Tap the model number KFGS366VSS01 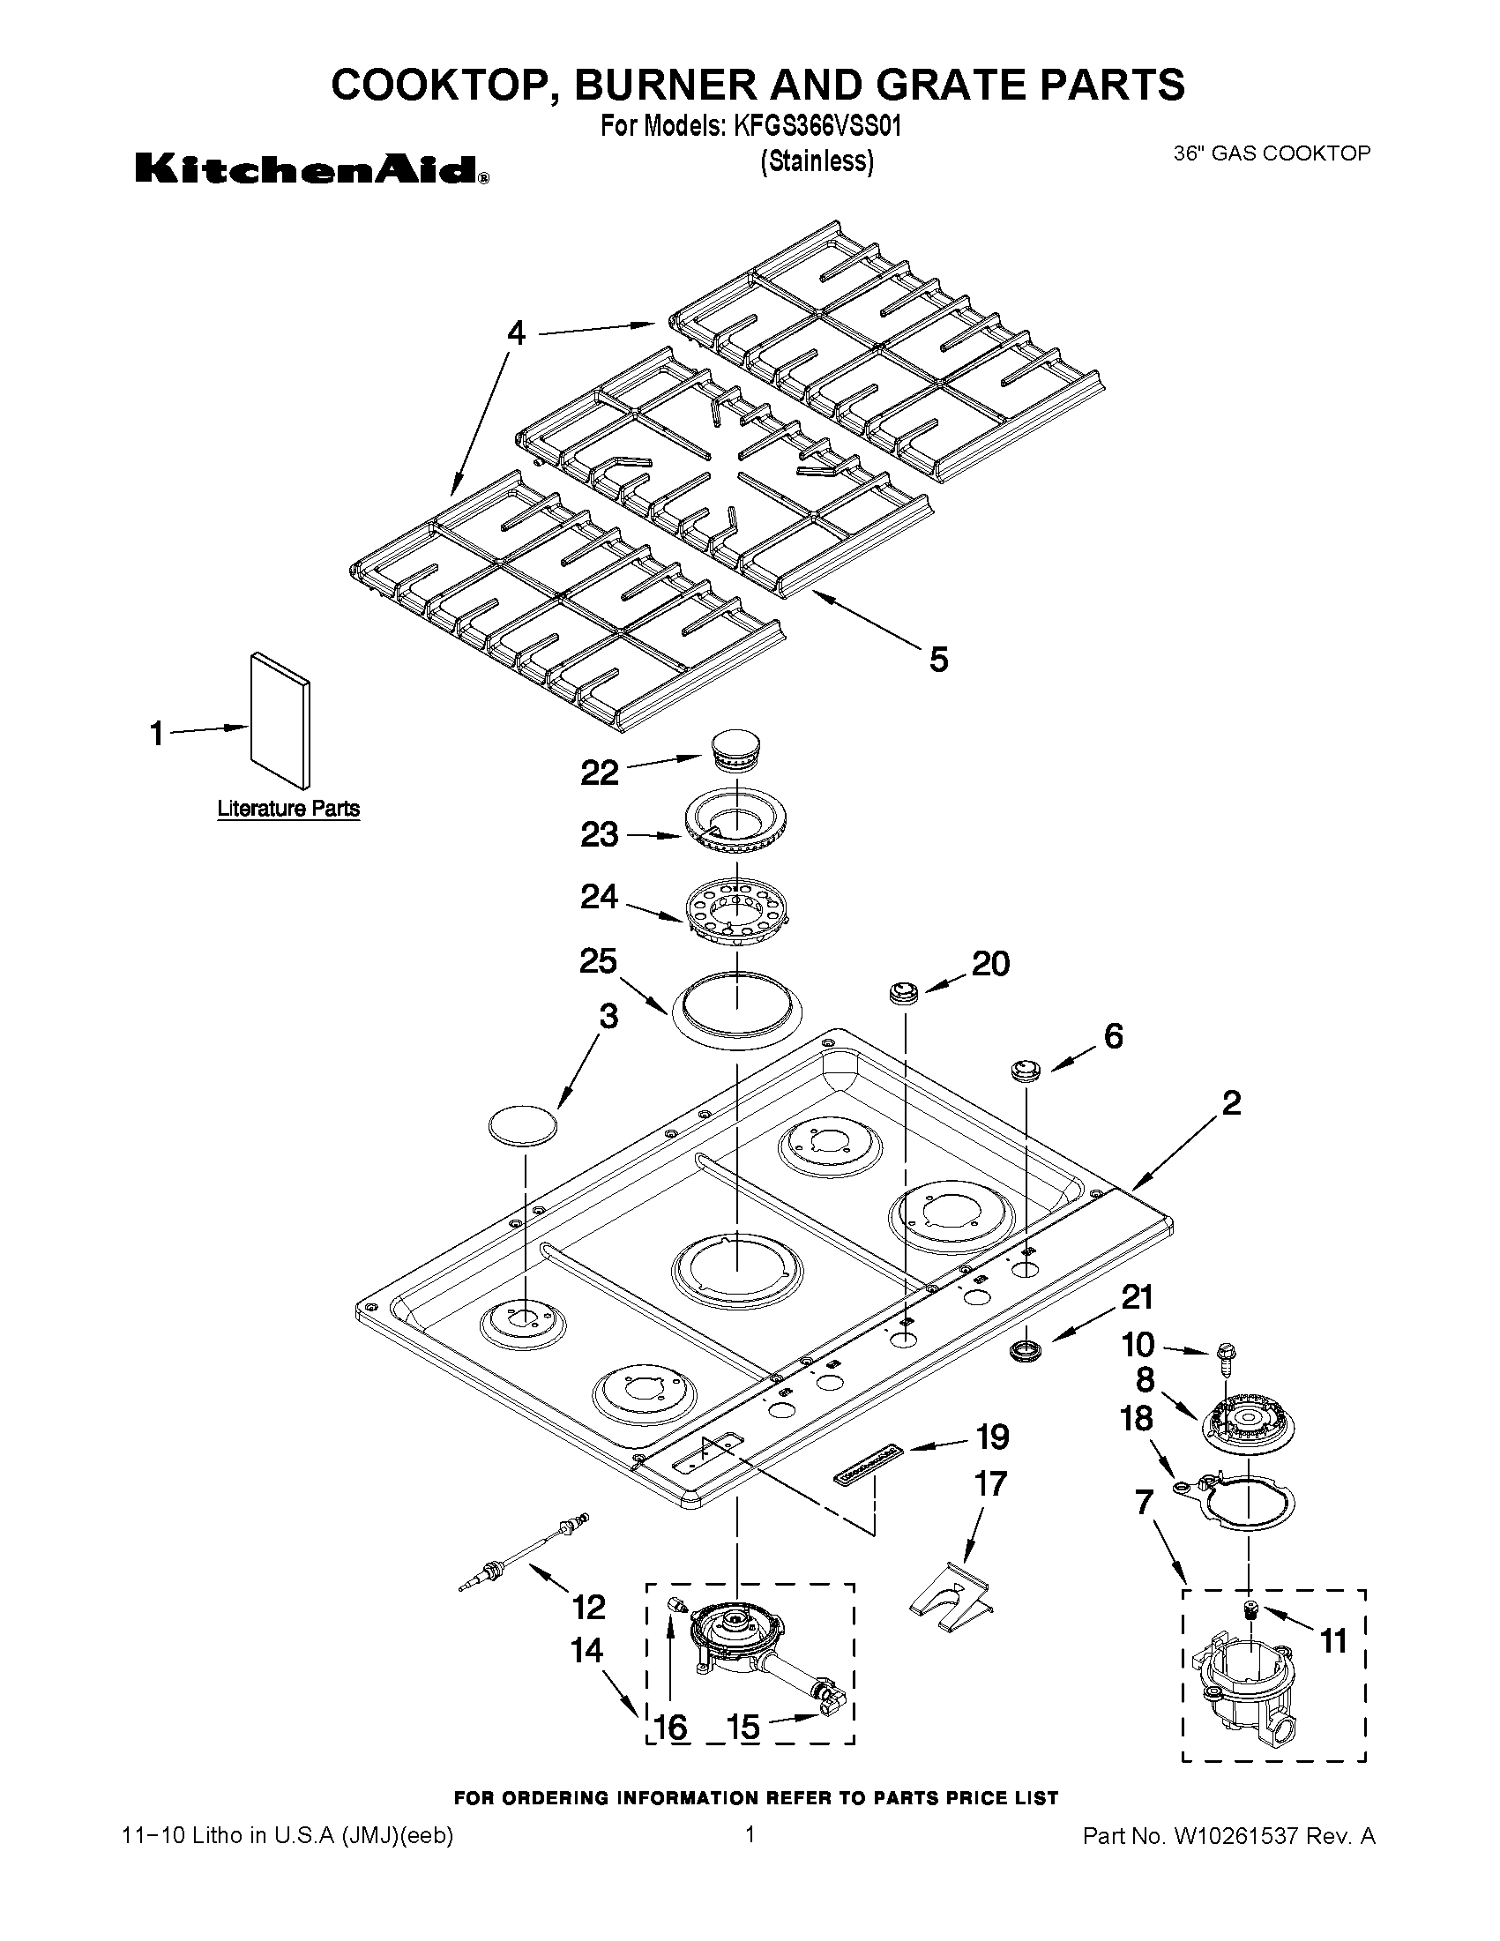817,126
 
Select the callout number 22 600,773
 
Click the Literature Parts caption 289,809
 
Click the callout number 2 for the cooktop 1231,1103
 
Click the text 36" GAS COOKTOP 1272,153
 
